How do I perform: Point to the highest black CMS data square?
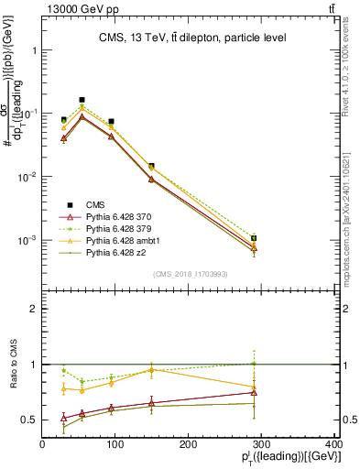82,99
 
